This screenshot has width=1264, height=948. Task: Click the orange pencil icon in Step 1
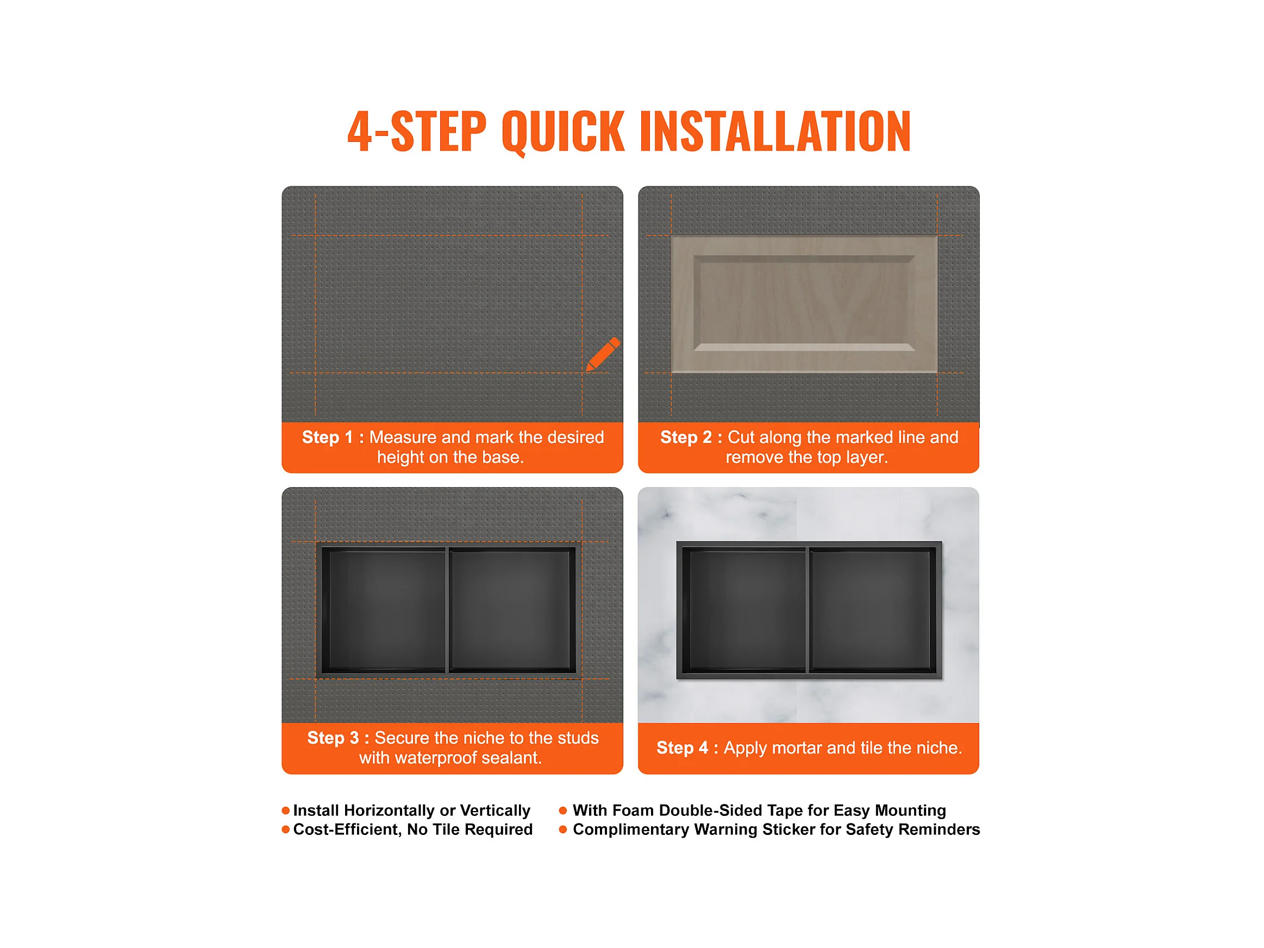[x=603, y=354]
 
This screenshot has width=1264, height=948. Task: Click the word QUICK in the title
[x=564, y=132]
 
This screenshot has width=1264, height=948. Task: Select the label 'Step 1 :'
[x=333, y=437]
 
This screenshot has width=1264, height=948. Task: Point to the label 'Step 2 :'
[x=691, y=437]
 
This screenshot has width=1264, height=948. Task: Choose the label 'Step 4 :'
[x=687, y=747]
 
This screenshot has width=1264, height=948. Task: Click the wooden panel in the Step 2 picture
[x=804, y=304]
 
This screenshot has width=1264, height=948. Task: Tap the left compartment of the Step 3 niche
[x=384, y=610]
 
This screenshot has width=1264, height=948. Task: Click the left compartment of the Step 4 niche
[x=744, y=610]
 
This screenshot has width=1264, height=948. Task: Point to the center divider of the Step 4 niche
[x=808, y=610]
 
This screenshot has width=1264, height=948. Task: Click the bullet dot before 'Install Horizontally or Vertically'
[x=286, y=811]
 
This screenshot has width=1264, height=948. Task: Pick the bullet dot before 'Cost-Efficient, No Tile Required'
[x=286, y=829]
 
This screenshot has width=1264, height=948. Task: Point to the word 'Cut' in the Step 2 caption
[x=741, y=437]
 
